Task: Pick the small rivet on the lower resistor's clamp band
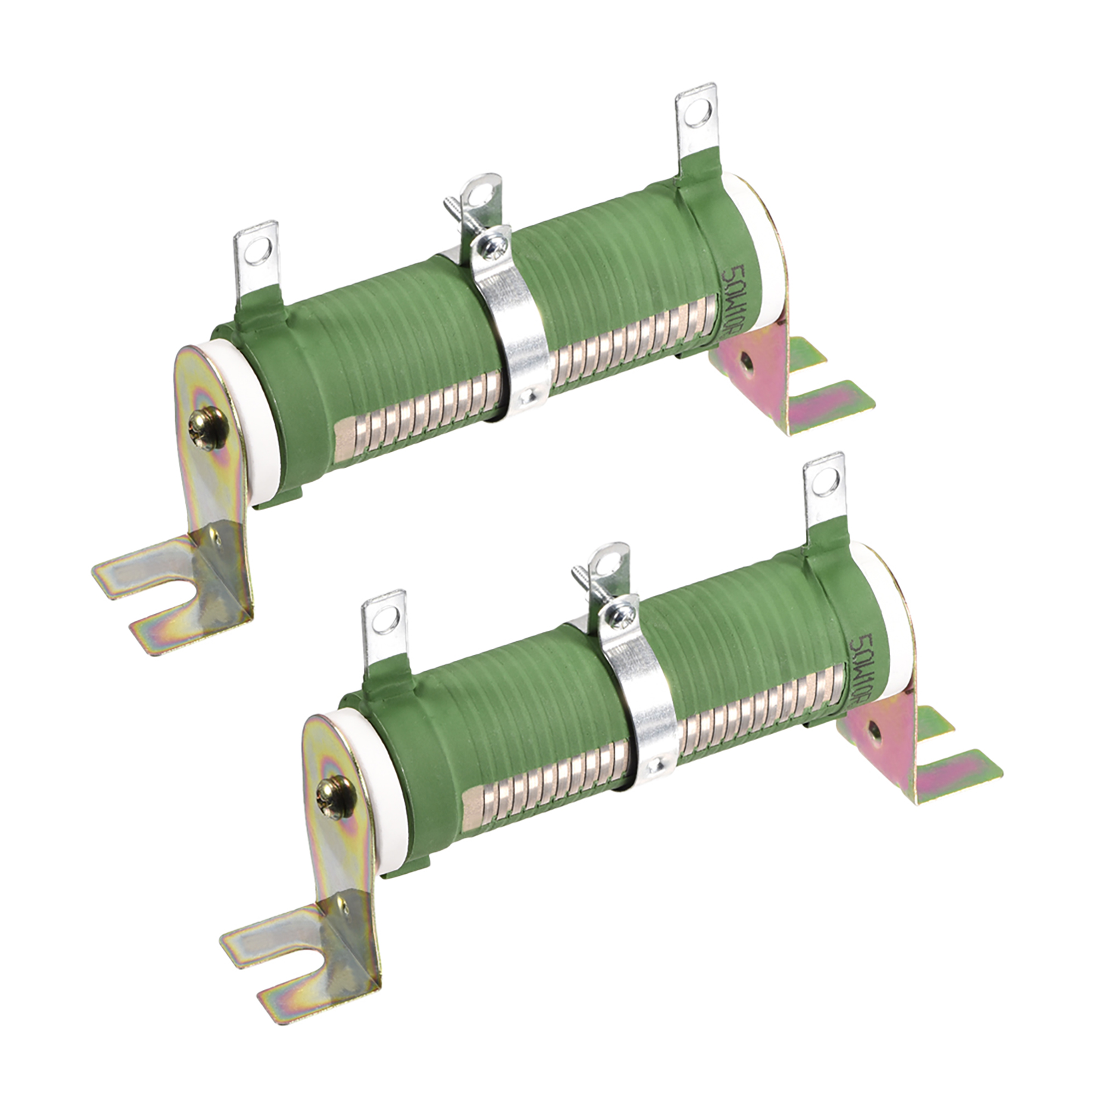657,766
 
